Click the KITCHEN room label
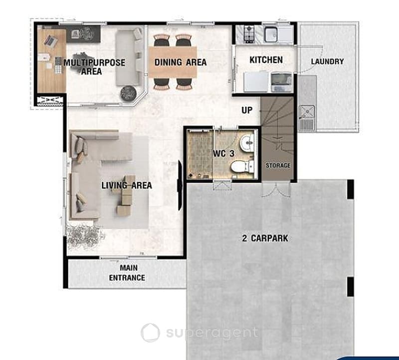coord(266,60)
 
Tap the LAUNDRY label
coord(327,61)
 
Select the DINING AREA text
coord(181,62)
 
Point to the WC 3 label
coord(223,153)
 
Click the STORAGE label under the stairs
coord(278,166)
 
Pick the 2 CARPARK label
coord(265,238)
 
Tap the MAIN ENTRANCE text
coord(127,273)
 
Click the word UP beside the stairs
coord(247,110)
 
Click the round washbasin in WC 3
coord(247,142)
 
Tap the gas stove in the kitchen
coord(249,34)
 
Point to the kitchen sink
coord(270,34)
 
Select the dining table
coord(173,62)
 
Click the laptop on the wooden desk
coord(50,41)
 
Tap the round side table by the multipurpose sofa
coord(129,93)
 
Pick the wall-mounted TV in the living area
coord(180,185)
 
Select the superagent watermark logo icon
coord(151,333)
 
